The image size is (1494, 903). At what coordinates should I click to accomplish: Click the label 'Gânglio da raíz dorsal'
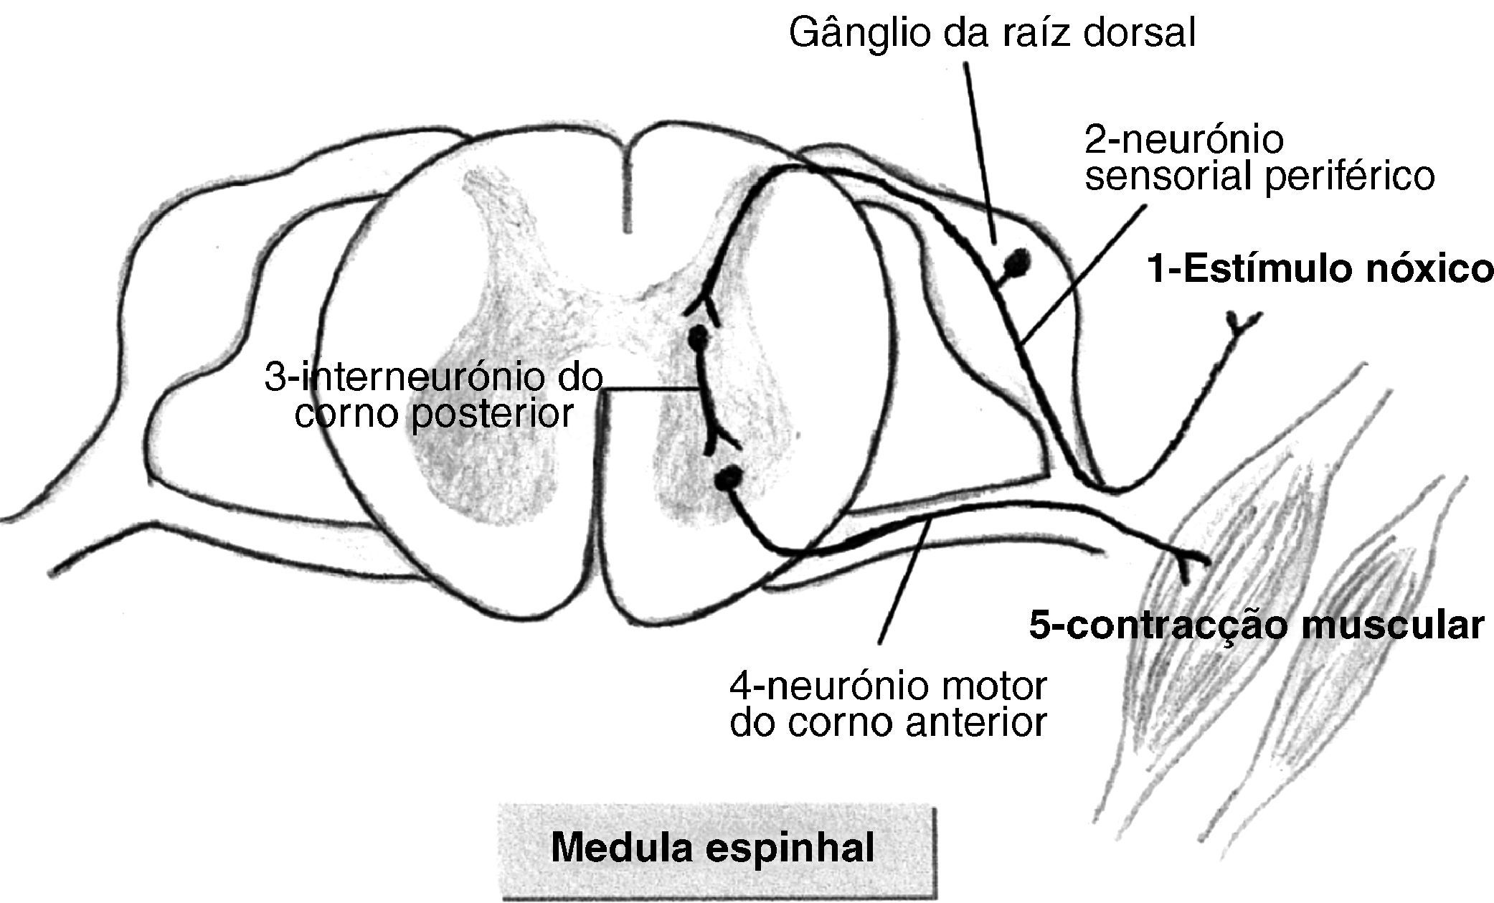tap(992, 33)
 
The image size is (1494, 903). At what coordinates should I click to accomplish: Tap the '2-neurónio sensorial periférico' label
tap(1259, 158)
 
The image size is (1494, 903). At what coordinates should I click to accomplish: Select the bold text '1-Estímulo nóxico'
tap(1320, 270)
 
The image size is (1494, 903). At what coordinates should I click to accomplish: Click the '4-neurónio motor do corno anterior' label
tap(888, 704)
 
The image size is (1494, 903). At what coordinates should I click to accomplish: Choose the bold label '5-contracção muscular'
tap(1256, 625)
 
